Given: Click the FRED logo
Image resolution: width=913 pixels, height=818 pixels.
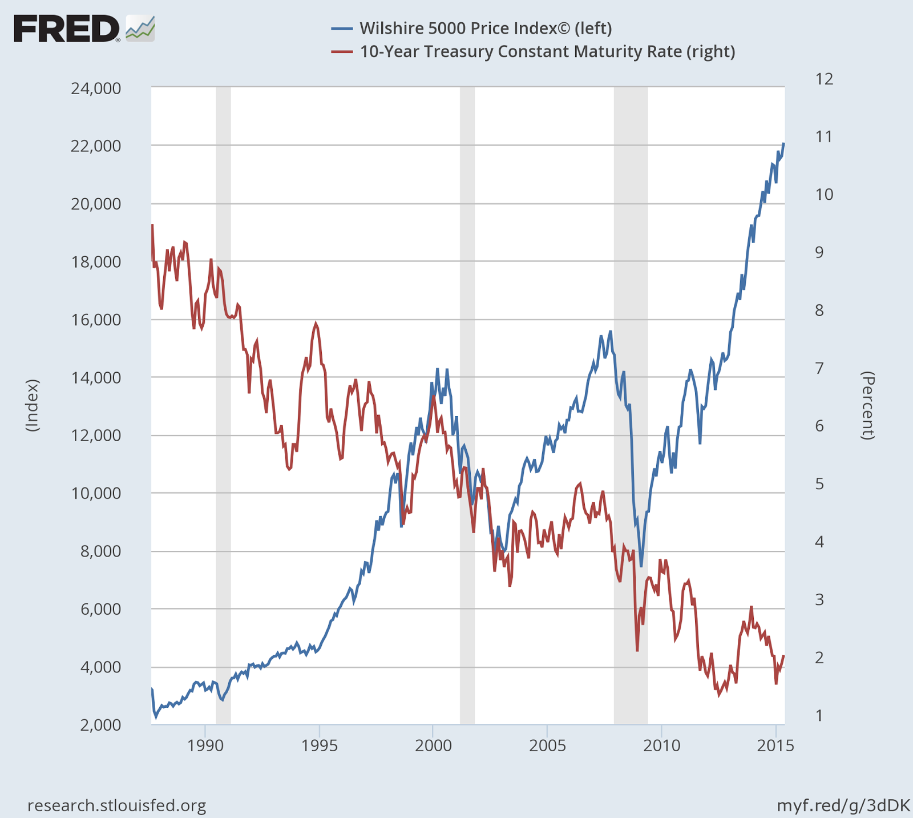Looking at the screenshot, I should coord(83,29).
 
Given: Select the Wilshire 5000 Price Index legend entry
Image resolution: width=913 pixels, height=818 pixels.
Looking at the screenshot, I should coord(485,28).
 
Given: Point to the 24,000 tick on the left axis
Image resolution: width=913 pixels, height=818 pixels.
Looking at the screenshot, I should coord(96,88).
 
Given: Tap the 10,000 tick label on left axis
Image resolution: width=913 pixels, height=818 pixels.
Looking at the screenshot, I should coord(96,493).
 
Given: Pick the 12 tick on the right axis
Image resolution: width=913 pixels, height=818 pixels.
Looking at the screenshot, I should coord(824,79).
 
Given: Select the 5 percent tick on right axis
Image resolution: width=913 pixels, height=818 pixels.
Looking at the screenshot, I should coord(819,484).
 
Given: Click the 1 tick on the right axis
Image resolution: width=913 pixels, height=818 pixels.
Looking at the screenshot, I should coord(819,715).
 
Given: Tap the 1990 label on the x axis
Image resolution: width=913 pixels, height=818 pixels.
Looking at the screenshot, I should coord(205,746).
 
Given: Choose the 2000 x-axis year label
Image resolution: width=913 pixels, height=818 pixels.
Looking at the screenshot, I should coord(433,746).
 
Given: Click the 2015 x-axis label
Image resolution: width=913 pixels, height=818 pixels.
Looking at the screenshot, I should coord(775,746).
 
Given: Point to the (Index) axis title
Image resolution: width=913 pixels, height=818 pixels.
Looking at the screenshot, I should coord(33,405).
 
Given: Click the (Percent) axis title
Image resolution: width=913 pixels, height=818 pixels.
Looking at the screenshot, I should coord(868,405).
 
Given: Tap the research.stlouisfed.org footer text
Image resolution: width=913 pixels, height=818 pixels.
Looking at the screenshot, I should coord(117,805).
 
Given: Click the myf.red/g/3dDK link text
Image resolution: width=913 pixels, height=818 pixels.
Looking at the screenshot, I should coord(843,805).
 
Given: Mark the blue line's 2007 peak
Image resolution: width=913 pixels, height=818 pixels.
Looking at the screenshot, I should coord(611,331).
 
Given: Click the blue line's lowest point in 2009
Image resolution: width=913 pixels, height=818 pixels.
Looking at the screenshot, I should coord(641,566).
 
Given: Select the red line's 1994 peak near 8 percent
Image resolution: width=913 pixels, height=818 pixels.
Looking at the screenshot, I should coord(316,324).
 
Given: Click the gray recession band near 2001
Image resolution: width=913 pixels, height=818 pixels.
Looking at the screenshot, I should coord(467,400).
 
